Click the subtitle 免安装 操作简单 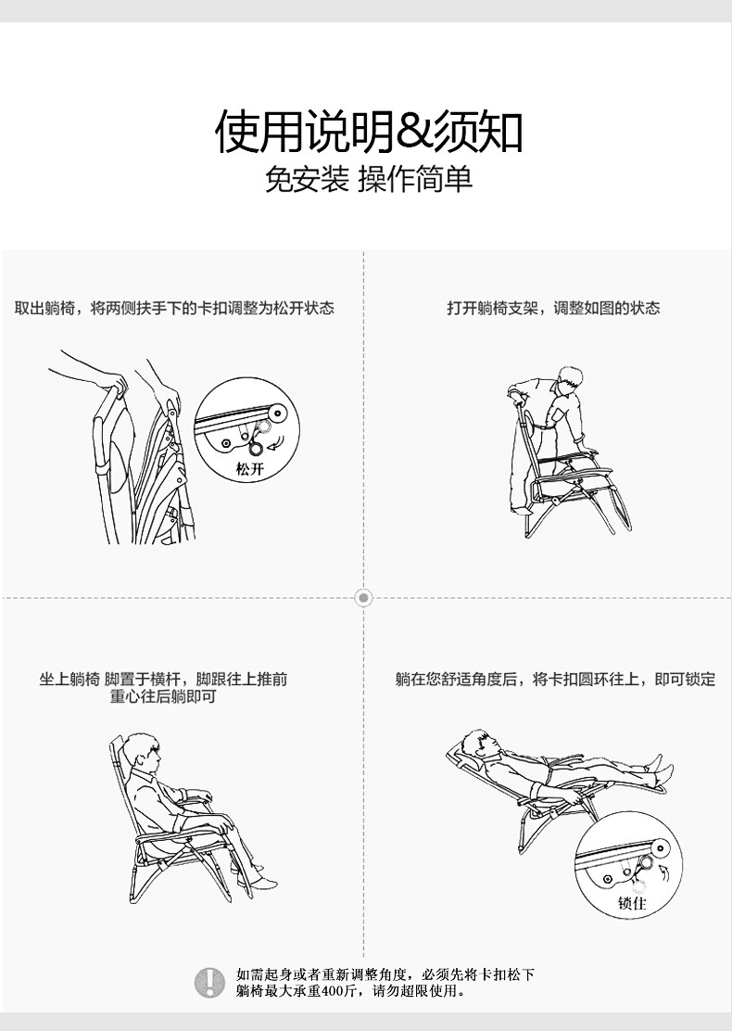pos(369,179)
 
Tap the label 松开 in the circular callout pos(249,469)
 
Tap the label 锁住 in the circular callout pos(632,903)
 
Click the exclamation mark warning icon pos(209,983)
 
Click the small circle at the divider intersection pos(363,598)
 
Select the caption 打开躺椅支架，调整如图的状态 pos(553,308)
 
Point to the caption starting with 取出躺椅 pos(174,308)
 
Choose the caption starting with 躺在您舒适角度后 pos(555,680)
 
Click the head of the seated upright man pos(143,753)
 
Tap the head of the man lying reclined pos(479,744)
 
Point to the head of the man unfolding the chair pos(569,381)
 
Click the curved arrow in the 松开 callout pos(278,443)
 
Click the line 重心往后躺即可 pos(163,696)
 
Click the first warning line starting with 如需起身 pos(385,974)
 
